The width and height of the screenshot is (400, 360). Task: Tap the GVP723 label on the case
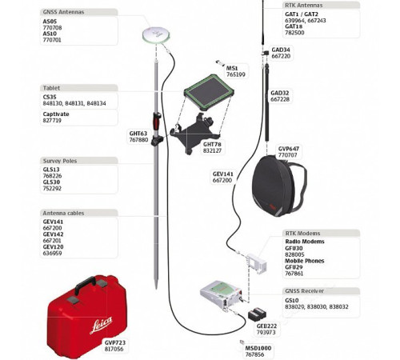tap(115, 341)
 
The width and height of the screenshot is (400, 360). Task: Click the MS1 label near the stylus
tap(232, 68)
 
